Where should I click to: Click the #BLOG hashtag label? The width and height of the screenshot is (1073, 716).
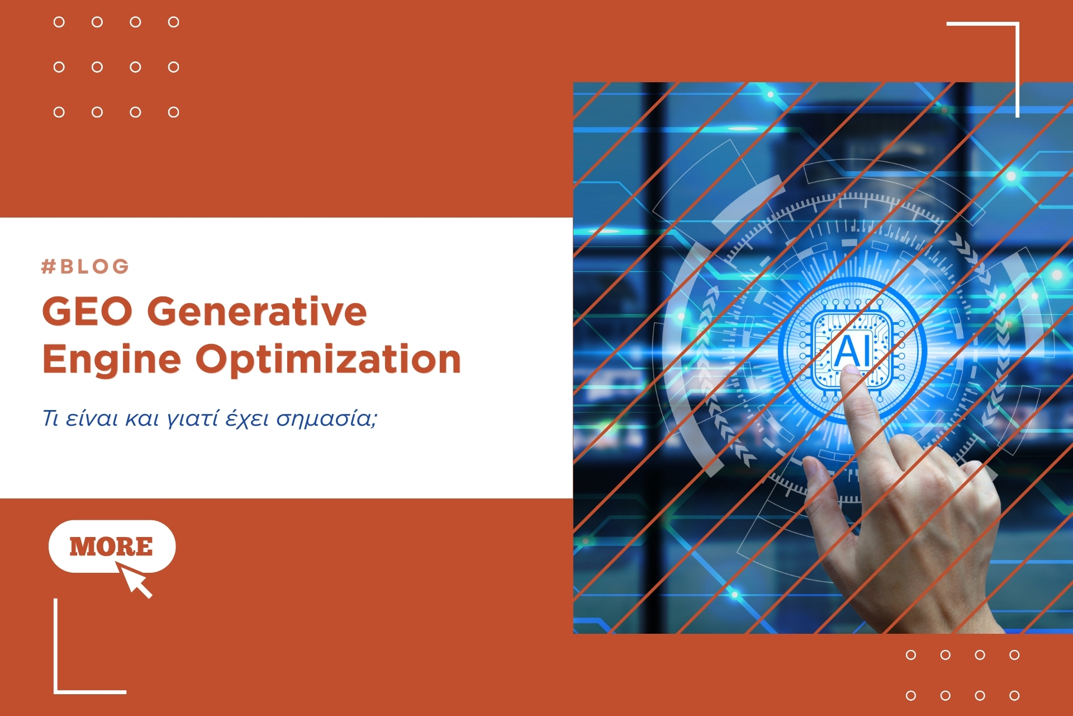(85, 266)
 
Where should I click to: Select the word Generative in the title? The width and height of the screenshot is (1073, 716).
(257, 311)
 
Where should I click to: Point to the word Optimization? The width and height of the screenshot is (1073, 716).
(328, 359)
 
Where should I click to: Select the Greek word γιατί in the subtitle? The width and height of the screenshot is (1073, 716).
(193, 419)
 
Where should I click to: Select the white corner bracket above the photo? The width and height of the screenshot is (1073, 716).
(1017, 23)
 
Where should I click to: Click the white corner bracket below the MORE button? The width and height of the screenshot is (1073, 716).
(56, 691)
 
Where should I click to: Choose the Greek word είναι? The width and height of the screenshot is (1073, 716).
(92, 418)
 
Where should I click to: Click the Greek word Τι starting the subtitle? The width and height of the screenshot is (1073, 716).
(51, 418)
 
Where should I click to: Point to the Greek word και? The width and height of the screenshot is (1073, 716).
(143, 419)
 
